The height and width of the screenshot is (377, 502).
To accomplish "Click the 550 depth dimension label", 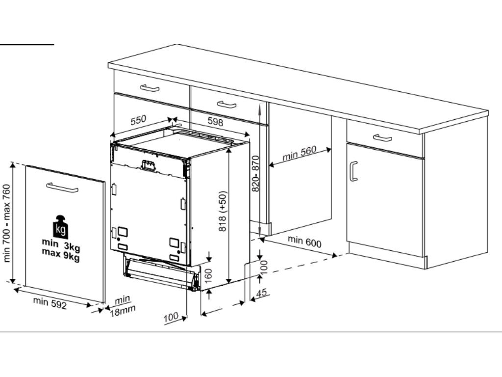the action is click(x=138, y=120).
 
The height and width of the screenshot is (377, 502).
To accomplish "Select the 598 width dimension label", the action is click(x=216, y=121).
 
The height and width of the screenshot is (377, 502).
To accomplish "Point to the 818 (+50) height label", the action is click(x=223, y=211).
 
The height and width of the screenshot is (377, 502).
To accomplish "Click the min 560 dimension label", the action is click(x=300, y=153).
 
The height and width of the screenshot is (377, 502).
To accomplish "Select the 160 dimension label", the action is click(x=208, y=276).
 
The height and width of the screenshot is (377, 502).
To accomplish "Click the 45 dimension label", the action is click(x=262, y=293).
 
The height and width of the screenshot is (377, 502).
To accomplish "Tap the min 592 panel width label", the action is click(x=50, y=303).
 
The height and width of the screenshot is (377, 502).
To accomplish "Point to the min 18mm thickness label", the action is click(x=123, y=306).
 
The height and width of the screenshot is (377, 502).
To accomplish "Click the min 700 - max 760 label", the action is click(x=6, y=223).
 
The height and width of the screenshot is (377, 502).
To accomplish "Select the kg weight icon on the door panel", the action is click(x=60, y=227).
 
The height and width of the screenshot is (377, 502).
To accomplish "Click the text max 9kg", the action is click(x=60, y=255).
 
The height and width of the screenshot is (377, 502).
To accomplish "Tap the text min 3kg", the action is click(x=61, y=245).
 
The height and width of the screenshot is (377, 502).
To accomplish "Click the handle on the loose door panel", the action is click(x=62, y=188).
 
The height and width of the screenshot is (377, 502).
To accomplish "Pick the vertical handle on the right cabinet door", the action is click(x=353, y=171).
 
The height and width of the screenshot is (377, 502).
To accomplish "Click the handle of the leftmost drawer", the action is click(x=150, y=88).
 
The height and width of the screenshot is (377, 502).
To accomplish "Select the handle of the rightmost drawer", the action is click(x=382, y=138).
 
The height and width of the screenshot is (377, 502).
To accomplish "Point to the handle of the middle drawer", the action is click(x=226, y=104).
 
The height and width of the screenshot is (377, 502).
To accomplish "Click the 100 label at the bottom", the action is click(x=171, y=318).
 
